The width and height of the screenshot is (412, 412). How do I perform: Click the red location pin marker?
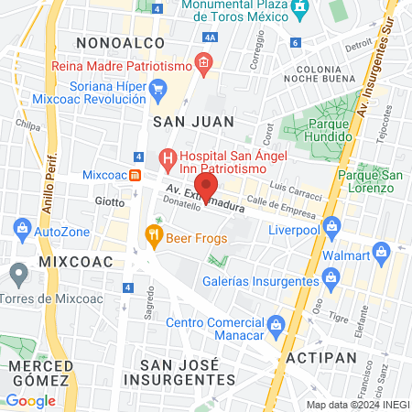click(x=207, y=186)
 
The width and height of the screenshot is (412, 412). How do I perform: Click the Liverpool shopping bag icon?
click(x=331, y=224)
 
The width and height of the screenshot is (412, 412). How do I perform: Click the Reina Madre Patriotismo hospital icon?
click(x=203, y=65)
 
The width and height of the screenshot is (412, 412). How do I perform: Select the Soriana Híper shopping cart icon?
click(x=157, y=89)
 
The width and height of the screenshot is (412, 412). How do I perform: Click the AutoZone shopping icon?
click(x=19, y=231)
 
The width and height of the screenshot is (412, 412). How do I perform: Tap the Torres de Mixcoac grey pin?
click(x=19, y=273)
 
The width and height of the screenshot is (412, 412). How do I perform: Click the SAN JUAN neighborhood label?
click(x=193, y=121)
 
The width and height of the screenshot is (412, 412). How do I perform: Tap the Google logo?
click(x=30, y=401)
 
